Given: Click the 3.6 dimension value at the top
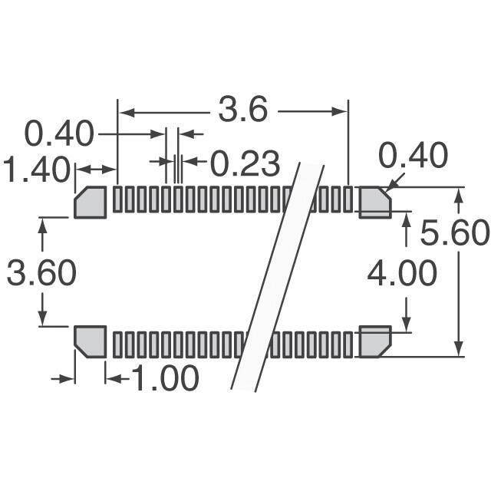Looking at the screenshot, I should tap(242, 111).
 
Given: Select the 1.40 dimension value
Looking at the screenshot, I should tap(36, 170).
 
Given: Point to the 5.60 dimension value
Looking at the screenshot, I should tap(454, 232).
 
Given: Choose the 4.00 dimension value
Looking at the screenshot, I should tap(402, 273).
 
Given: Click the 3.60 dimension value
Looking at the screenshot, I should tap(41, 273).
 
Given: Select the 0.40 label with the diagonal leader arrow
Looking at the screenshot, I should tap(414, 156).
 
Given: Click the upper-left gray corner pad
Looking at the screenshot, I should tap(91, 202).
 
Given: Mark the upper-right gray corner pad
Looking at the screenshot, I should tap(375, 202).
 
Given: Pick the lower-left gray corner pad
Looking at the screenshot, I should tap(91, 341).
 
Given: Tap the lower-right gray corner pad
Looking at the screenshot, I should tap(375, 341).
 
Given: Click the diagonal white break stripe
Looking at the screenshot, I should tap(280, 276).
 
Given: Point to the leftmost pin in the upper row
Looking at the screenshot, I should tap(117, 199).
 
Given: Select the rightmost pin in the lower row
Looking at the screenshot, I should tap(350, 344).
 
